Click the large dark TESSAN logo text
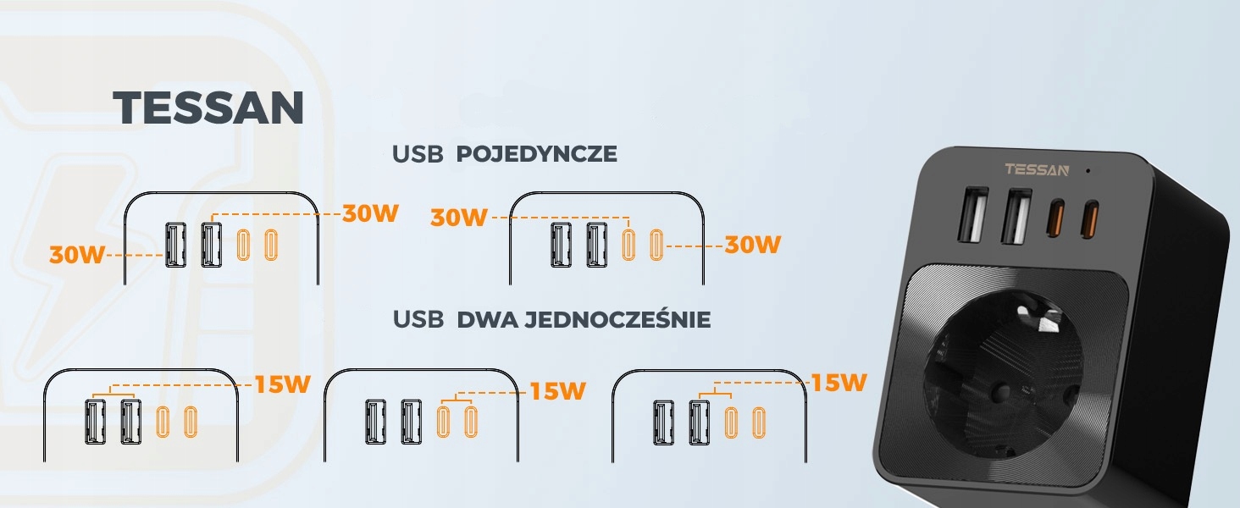click(208, 108)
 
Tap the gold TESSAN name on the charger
click(1037, 169)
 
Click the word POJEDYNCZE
click(536, 154)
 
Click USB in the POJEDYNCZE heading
click(418, 154)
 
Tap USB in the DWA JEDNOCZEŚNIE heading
click(418, 320)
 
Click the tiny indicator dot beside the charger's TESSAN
click(1088, 170)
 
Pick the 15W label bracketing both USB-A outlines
click(283, 384)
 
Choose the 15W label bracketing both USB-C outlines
click(557, 390)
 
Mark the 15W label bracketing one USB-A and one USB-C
click(839, 383)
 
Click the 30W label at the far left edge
click(76, 254)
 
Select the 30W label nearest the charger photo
click(752, 245)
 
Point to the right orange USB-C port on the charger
click(1091, 216)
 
